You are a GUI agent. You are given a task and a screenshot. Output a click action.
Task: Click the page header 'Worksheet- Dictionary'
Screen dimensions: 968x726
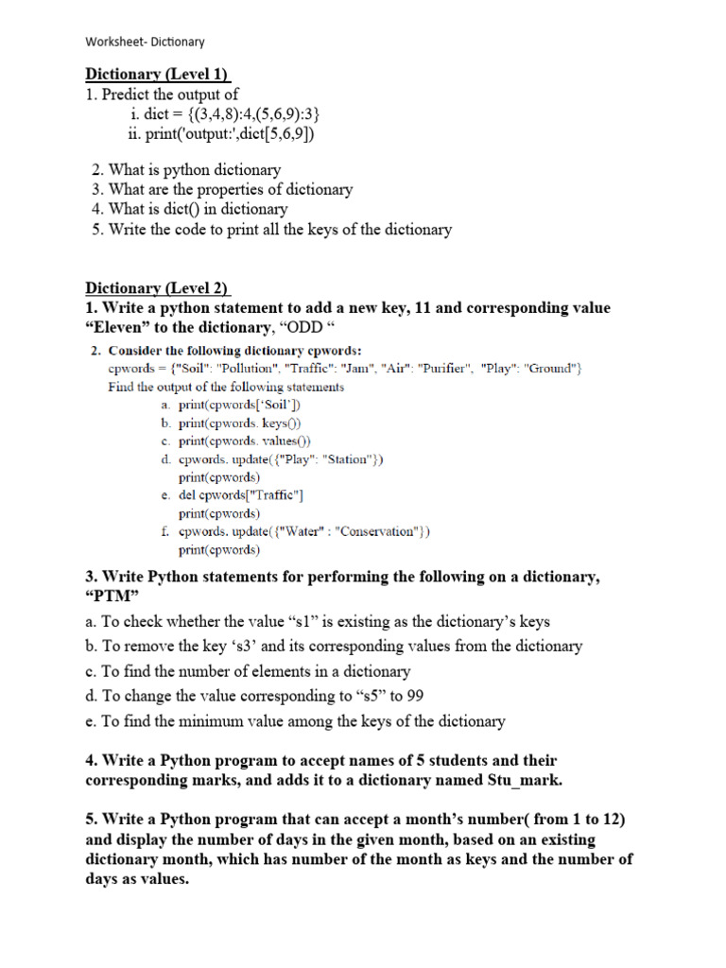tap(145, 42)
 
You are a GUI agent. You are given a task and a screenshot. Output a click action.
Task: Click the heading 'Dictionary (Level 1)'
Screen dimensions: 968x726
tap(158, 74)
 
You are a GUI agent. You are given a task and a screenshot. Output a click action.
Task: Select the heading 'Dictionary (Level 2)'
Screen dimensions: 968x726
tap(158, 287)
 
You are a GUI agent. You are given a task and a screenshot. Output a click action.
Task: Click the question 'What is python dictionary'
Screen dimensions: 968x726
tap(195, 169)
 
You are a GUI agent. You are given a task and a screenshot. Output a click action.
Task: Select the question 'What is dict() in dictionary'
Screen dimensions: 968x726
tap(198, 209)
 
